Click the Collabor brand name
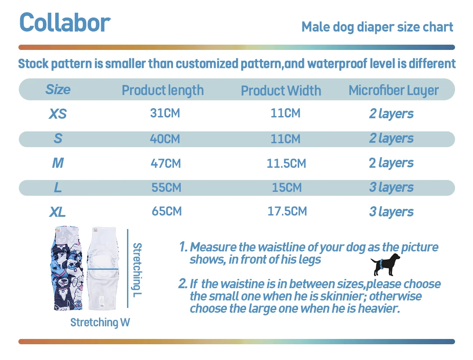(65, 23)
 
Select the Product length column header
(162, 90)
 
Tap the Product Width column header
(281, 91)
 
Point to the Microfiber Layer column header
(393, 90)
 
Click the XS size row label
(57, 114)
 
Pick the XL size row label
(57, 212)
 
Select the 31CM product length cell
(165, 113)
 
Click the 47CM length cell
(166, 163)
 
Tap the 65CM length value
(166, 212)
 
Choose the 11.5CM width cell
(286, 163)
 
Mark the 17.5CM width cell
(287, 212)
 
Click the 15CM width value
(286, 187)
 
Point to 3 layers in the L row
(391, 187)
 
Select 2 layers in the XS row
(391, 114)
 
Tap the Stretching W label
(100, 323)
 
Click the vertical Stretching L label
(137, 269)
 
